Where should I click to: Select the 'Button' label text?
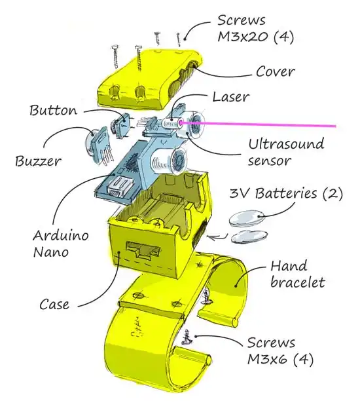tap(54, 109)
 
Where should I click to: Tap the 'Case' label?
tap(54, 304)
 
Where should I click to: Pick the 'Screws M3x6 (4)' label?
tap(271, 350)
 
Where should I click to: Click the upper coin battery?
tap(245, 216)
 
